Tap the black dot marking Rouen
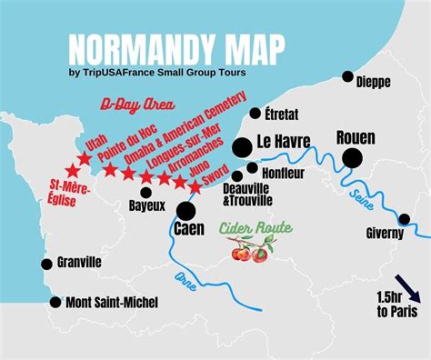353,158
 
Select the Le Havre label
284,142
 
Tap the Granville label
79,262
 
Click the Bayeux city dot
145,192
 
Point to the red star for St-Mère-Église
73,171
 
